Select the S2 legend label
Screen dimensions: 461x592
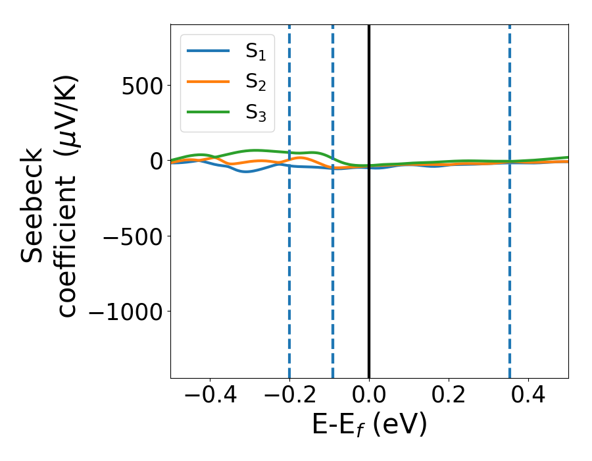[259, 82]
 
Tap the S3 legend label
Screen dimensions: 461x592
[259, 113]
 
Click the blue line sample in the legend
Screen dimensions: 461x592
[209, 51]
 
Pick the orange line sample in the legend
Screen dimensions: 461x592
[209, 82]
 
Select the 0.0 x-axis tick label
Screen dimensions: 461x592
[368, 397]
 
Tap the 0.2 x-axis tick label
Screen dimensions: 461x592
[448, 397]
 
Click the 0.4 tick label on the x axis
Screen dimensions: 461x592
[528, 397]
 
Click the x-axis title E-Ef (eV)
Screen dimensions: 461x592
[369, 425]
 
